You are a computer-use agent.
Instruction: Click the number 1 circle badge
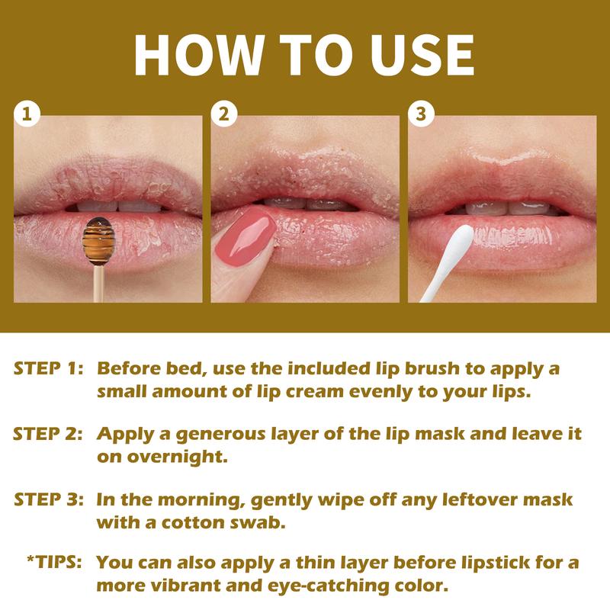(x=27, y=115)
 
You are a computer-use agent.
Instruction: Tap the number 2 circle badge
(x=223, y=115)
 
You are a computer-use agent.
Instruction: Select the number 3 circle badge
(x=421, y=115)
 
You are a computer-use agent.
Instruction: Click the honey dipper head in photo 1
(x=97, y=238)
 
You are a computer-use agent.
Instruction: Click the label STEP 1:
(x=48, y=369)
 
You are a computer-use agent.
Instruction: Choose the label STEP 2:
(x=48, y=435)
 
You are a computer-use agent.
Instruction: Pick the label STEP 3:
(x=48, y=500)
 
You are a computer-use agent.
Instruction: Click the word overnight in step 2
(x=163, y=457)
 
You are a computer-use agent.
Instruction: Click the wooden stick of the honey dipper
(x=97, y=282)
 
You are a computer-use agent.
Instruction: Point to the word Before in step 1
(x=129, y=369)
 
